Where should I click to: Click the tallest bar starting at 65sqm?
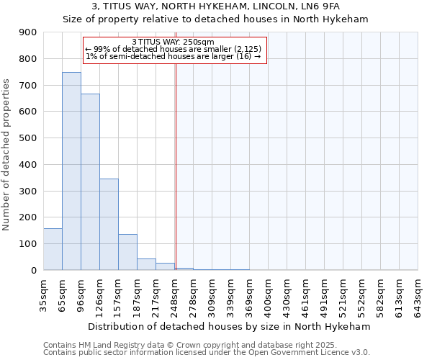71,171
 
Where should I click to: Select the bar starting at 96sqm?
90,182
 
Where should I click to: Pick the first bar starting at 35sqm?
53,249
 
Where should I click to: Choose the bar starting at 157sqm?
127,252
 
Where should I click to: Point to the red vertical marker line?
176,158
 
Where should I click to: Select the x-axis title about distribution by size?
230,326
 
